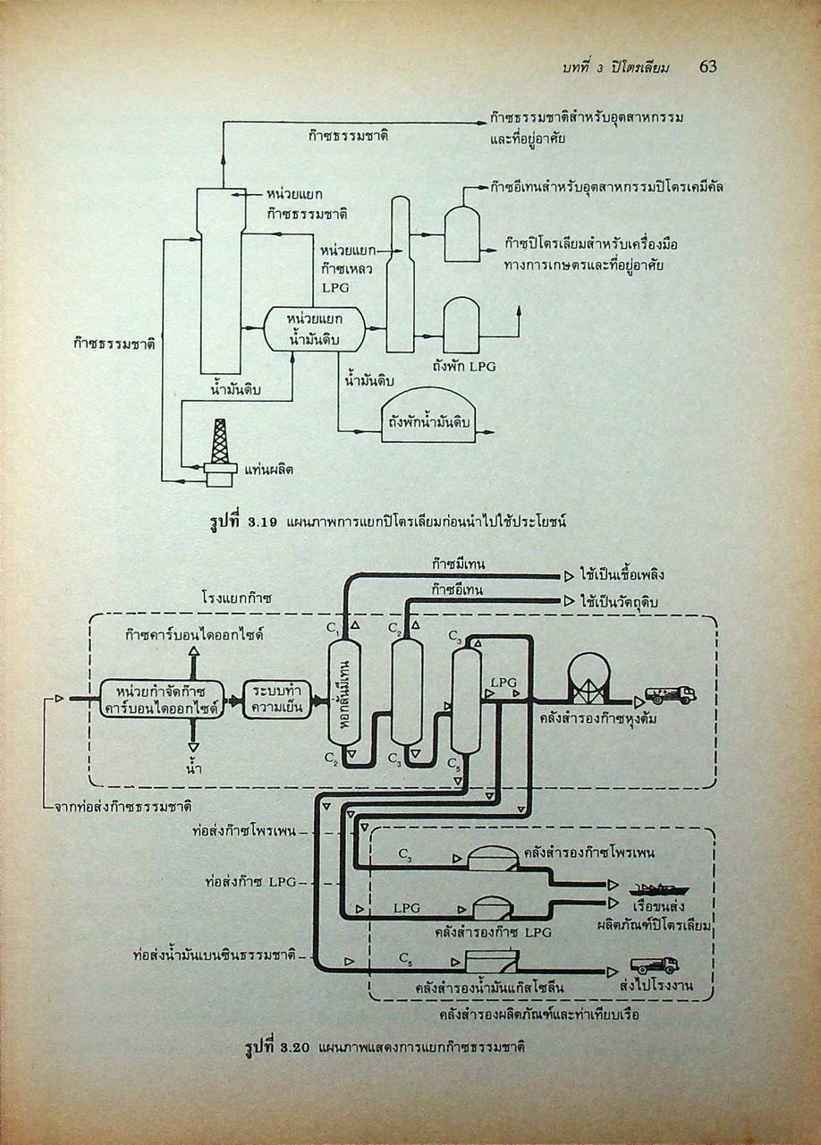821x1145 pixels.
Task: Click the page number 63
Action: pyautogui.click(x=707, y=66)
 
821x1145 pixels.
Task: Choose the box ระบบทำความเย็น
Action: pyautogui.click(x=275, y=699)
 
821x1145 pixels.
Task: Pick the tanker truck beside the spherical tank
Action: pyautogui.click(x=671, y=694)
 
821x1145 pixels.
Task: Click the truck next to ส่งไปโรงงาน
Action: pyautogui.click(x=655, y=965)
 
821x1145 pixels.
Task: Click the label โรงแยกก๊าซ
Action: pyautogui.click(x=238, y=597)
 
